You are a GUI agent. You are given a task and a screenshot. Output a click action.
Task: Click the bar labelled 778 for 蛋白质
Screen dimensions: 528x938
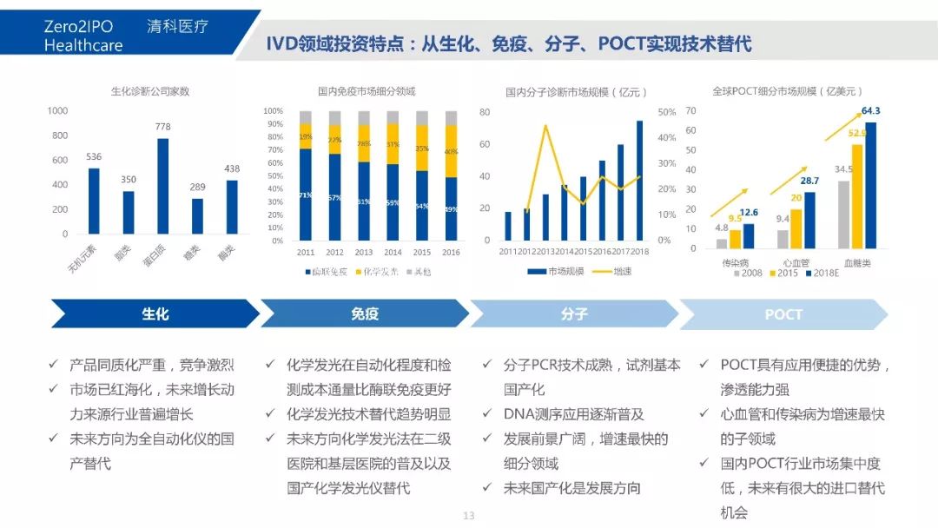coord(162,186)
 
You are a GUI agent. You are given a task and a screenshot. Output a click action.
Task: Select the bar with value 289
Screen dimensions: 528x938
coord(197,216)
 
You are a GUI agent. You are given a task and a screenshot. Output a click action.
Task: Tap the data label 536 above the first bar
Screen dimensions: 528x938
coord(94,156)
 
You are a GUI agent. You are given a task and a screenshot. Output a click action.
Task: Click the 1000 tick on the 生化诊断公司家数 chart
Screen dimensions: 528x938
coord(58,111)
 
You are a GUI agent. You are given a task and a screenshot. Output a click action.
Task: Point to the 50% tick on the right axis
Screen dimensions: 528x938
coord(666,112)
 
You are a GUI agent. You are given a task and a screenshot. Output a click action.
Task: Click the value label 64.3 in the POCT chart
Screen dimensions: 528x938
coord(870,111)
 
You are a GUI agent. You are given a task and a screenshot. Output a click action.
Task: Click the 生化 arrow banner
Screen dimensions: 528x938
coord(155,313)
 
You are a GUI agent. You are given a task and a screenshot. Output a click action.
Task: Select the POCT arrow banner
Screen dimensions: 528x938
coord(783,313)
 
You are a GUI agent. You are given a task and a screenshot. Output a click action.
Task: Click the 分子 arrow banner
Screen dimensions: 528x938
coord(574,313)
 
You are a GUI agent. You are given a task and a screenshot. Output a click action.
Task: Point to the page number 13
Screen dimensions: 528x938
coord(469,516)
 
